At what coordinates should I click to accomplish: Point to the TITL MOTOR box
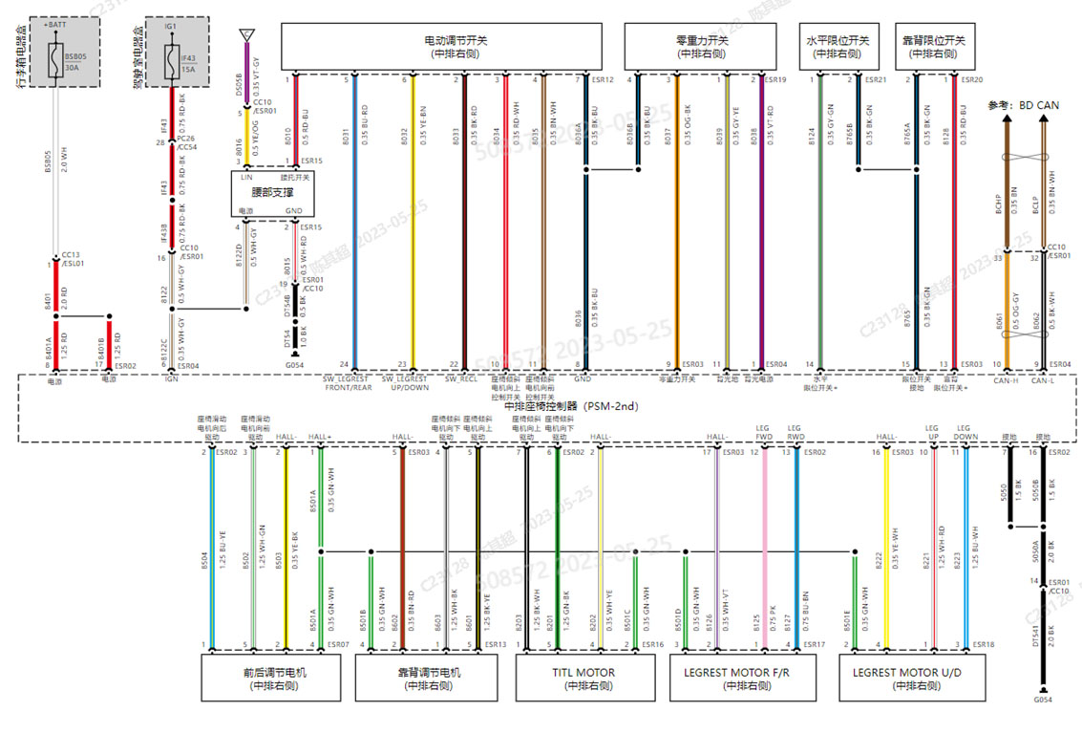[584, 679]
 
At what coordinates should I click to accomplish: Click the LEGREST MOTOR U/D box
[907, 679]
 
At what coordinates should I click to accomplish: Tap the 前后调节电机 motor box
[275, 679]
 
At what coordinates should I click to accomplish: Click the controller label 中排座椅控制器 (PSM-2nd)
[544, 406]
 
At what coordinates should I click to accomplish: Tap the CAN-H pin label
[1006, 380]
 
